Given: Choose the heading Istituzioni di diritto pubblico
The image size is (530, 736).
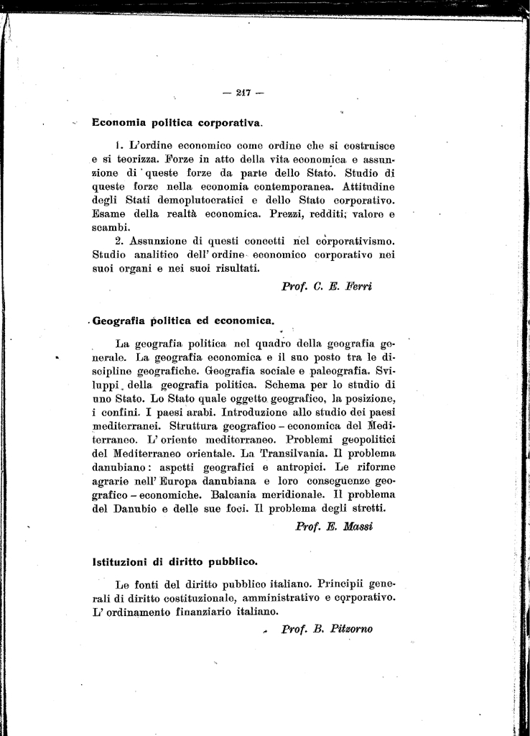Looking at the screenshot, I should (175, 561).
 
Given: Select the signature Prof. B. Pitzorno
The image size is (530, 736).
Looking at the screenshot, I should (327, 629).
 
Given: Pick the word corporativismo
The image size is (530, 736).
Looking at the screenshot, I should (346, 241).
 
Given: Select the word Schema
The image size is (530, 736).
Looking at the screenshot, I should (288, 385).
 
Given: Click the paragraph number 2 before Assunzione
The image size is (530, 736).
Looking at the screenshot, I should (119, 241).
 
